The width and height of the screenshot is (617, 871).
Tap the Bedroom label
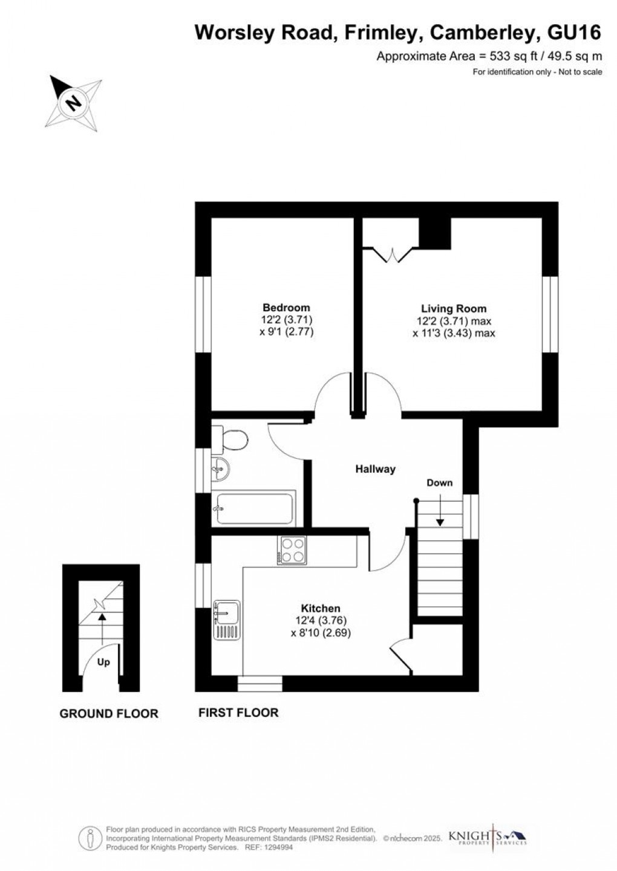(286, 308)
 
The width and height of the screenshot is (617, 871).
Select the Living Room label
(454, 308)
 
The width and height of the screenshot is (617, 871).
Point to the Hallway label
(375, 469)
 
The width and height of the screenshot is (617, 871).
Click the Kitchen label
(321, 609)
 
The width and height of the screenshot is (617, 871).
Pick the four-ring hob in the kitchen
(292, 550)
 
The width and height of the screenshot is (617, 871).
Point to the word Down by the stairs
(440, 483)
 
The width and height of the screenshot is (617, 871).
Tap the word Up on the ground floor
(103, 662)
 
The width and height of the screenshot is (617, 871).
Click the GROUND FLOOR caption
(109, 714)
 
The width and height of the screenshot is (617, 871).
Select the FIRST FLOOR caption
(238, 713)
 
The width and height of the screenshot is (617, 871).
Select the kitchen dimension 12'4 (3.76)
(321, 621)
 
